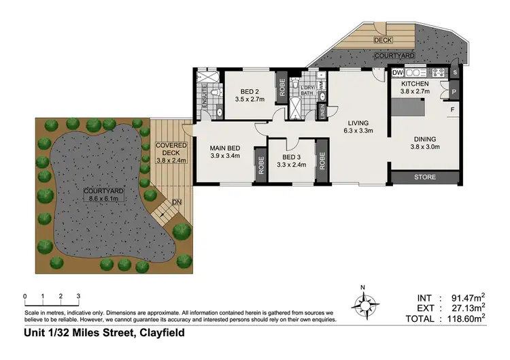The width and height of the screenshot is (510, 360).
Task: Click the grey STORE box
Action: pos(425,178)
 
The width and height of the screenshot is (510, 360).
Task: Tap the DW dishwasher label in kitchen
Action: pos(398,72)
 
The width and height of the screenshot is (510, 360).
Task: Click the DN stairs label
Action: pos(177,202)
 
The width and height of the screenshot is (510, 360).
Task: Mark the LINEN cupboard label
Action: pos(324,112)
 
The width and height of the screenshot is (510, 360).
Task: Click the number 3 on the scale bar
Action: pos(79,296)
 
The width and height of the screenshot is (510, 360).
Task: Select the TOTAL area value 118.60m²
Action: pos(460,317)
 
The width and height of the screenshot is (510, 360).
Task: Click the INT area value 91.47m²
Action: pos(464,297)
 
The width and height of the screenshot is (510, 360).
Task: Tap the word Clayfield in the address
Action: pos(162,333)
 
